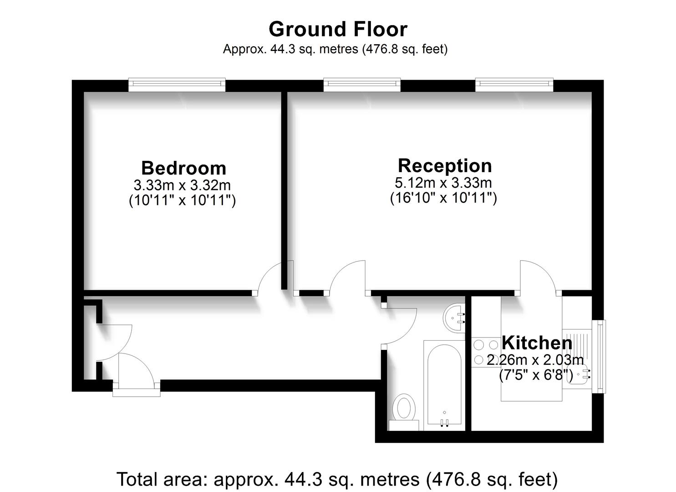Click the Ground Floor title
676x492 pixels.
coord(338,29)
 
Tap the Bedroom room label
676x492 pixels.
coord(183,168)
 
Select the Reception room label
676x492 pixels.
coord(445,165)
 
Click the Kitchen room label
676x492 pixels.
coord(537,343)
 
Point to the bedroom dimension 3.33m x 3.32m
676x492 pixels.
coord(182,185)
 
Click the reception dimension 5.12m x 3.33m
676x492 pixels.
coord(443,182)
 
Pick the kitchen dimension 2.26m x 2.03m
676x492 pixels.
coord(535,360)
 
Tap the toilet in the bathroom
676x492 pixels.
coord(404,412)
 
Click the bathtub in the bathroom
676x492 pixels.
coord(444,386)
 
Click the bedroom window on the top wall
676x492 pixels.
coord(177,85)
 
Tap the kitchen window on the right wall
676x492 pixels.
coord(599,357)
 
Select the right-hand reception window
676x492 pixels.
coord(514,85)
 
